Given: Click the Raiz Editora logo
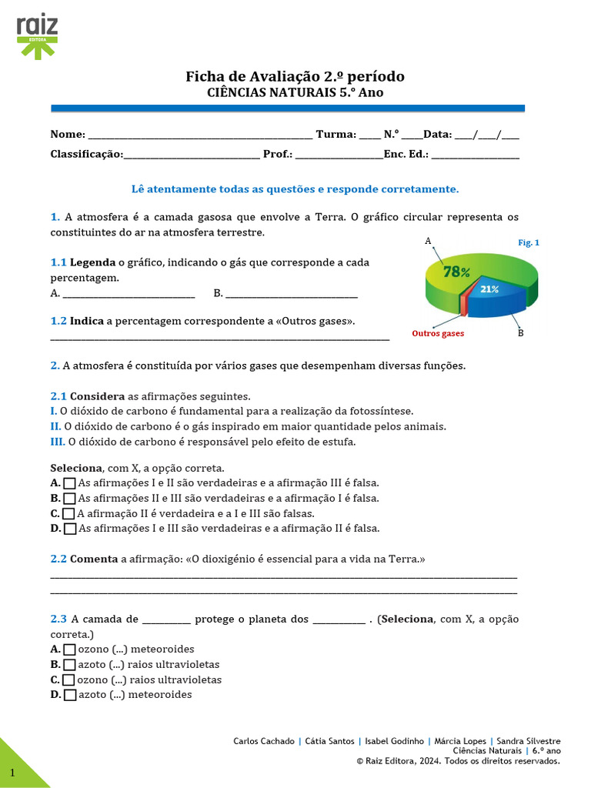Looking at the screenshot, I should coord(37,35).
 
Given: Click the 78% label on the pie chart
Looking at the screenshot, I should coord(456,271).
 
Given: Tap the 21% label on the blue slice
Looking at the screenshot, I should coord(489,289).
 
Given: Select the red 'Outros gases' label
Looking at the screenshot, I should coord(438,334).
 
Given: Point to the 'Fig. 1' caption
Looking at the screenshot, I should coord(529,242).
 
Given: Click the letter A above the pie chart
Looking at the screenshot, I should coord(428,241).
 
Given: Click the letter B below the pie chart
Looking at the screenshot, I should coord(520,333).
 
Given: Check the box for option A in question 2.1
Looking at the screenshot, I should coord(70,483).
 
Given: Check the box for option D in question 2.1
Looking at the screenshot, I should coord(70,529).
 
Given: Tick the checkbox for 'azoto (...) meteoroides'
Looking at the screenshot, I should coord(70,695).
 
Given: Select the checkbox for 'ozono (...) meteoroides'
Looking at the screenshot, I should coord(70,649).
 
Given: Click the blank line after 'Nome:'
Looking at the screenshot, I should coord(200,135).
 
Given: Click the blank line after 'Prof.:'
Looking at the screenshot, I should coord(339,155).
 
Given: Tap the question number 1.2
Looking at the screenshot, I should coord(58,321).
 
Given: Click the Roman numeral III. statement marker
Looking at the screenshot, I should coord(58,442).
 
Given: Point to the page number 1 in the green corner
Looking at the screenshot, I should coord(12,772).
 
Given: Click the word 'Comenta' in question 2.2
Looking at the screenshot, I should coord(94,559).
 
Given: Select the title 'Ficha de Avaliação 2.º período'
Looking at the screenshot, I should coord(295,76).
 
